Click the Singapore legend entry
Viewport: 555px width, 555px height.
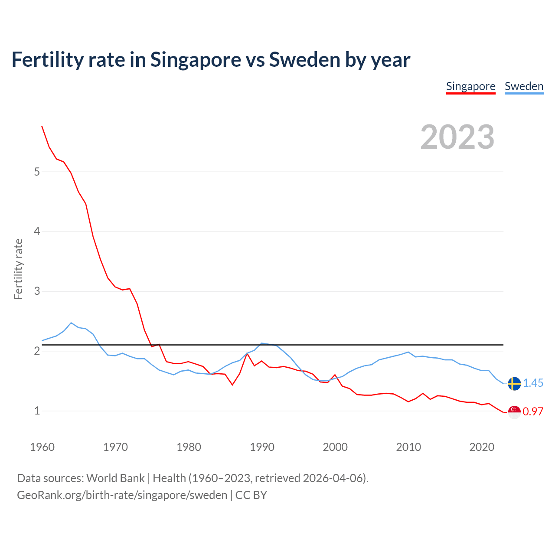click(470, 86)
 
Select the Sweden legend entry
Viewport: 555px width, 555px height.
click(524, 86)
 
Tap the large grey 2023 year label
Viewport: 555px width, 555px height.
click(457, 137)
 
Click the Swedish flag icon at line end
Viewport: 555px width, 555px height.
click(514, 384)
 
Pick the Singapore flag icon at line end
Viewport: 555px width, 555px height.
click(514, 412)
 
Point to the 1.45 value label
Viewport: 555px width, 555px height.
click(533, 383)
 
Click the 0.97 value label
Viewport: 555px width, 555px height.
click(533, 412)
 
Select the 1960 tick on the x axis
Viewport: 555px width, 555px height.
click(42, 447)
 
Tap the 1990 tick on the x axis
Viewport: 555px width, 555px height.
click(262, 447)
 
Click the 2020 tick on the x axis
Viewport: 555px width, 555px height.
click(482, 447)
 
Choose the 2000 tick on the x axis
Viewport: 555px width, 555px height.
click(335, 447)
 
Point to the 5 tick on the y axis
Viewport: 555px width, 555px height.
click(37, 172)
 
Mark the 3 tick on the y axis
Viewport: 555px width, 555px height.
click(37, 291)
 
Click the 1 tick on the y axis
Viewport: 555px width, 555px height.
click(37, 411)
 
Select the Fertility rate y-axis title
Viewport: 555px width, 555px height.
click(18, 269)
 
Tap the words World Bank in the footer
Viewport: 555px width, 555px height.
click(115, 478)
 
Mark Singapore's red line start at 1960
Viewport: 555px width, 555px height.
click(42, 126)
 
